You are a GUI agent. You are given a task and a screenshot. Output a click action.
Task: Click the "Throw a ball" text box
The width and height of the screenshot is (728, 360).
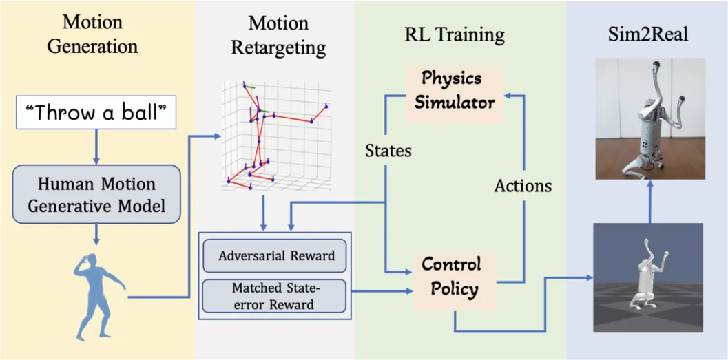click(96, 113)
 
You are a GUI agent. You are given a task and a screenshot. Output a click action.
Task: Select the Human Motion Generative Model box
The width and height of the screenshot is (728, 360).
click(96, 194)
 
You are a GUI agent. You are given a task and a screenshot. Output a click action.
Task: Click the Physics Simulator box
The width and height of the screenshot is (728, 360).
click(455, 95)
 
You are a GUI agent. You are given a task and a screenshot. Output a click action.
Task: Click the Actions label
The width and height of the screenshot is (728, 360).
click(523, 186)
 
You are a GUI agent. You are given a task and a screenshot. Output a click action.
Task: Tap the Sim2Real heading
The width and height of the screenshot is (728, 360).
click(648, 35)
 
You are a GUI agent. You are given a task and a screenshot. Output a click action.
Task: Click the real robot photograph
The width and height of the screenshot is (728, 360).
click(650, 119)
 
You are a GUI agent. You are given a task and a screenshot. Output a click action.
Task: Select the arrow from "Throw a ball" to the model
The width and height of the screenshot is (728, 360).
click(96, 147)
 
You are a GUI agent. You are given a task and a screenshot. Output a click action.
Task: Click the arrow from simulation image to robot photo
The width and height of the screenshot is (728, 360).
click(650, 202)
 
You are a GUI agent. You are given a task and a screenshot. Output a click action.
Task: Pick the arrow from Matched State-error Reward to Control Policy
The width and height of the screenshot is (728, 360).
click(383, 291)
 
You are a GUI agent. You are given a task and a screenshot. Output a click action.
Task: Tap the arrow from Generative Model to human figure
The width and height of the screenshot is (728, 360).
click(96, 234)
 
